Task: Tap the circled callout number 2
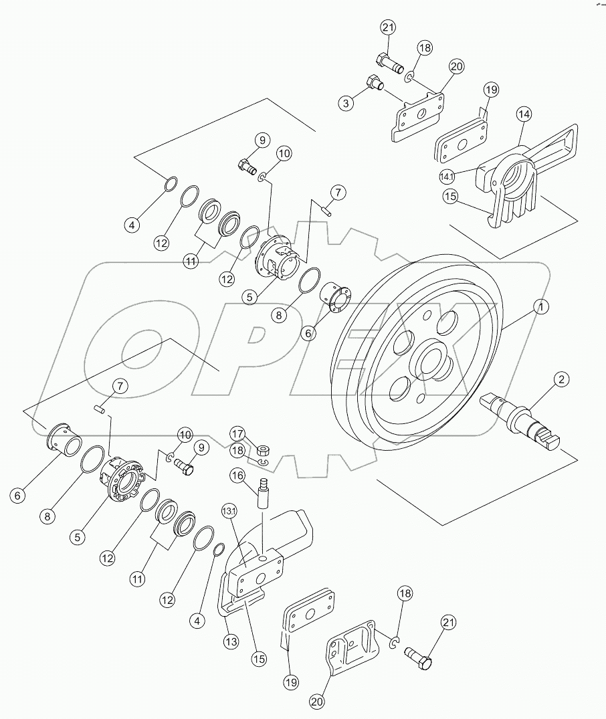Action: click(562, 380)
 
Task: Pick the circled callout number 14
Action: click(524, 114)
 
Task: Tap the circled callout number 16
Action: click(237, 476)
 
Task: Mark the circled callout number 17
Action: click(238, 432)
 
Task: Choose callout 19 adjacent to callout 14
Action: click(492, 90)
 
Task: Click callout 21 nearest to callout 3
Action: click(388, 27)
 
